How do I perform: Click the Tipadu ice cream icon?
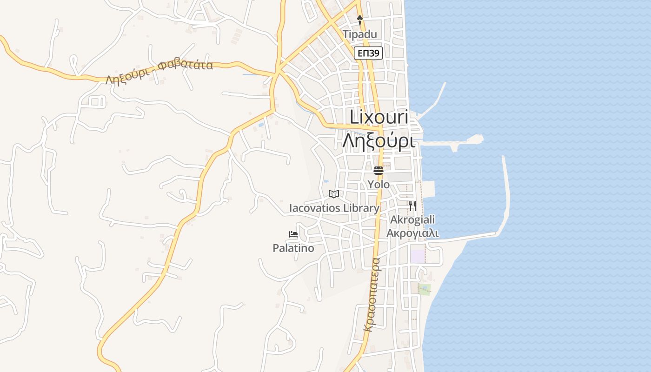click(x=359, y=20)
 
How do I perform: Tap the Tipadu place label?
click(x=360, y=34)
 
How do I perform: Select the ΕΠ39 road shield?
click(x=368, y=53)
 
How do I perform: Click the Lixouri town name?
click(x=379, y=117)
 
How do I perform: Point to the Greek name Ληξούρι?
click(x=379, y=140)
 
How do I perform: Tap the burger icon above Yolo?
click(x=379, y=170)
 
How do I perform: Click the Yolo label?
click(x=379, y=185)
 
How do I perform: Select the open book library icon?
click(x=334, y=194)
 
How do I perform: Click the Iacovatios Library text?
click(x=334, y=208)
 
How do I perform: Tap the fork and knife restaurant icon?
click(x=412, y=206)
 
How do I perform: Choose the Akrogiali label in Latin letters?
click(x=412, y=219)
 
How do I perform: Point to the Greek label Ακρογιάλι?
click(x=412, y=233)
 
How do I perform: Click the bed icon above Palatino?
click(x=293, y=234)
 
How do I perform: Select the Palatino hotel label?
click(x=293, y=248)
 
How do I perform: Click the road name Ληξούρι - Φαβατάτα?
click(x=159, y=72)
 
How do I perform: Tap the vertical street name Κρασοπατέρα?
click(x=372, y=294)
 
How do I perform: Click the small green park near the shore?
click(x=424, y=289)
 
